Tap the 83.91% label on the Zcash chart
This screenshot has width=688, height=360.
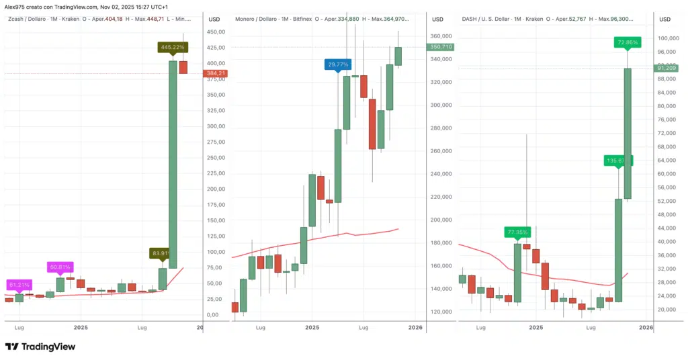pos(161,253)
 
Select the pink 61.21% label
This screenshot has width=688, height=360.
pos(19,285)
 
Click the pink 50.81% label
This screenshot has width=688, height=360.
pos(60,267)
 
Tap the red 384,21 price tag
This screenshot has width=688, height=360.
pos(216,73)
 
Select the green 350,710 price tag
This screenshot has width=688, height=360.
pos(439,47)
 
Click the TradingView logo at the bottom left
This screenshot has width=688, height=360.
pos(40,347)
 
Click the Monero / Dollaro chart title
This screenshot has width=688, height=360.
pos(259,19)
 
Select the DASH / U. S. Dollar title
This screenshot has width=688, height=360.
pos(490,19)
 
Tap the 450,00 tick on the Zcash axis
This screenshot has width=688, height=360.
pos(216,32)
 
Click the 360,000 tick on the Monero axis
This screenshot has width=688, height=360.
pos(441,36)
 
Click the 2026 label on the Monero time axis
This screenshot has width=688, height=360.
pos(415,328)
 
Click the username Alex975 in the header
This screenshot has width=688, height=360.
pos(17,6)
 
